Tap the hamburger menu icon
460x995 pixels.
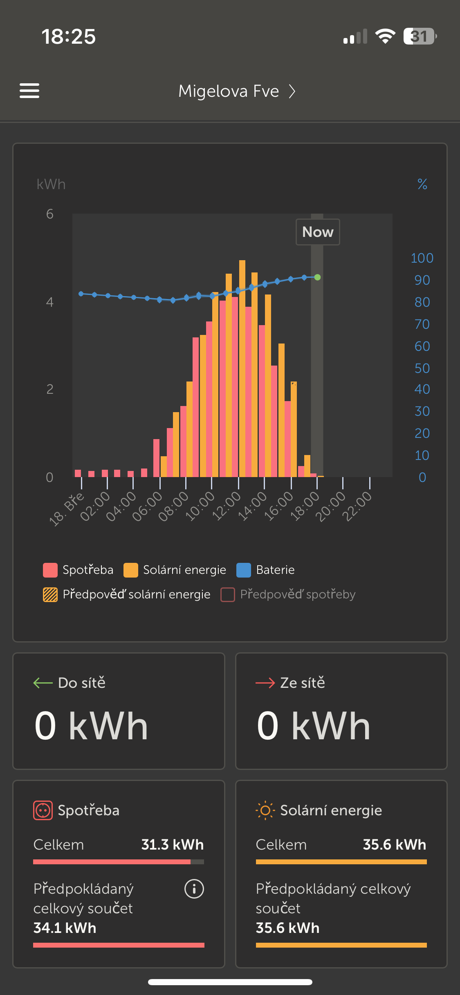tap(29, 91)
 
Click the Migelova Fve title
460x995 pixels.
tap(229, 91)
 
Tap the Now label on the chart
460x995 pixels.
tap(318, 232)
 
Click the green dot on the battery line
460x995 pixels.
tap(317, 277)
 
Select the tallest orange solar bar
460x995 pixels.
tap(242, 368)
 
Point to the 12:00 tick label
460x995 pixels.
tap(226, 506)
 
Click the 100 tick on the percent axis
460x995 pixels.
tap(422, 258)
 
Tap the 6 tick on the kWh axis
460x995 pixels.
tap(49, 214)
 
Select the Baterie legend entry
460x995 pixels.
tap(266, 570)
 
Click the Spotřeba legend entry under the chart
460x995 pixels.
tap(78, 570)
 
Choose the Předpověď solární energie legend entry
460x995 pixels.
tap(127, 594)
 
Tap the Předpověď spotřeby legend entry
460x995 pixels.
tap(288, 594)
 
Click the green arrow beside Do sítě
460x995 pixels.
tap(43, 683)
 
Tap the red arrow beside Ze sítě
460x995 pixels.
tap(265, 683)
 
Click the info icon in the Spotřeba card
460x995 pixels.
tap(194, 889)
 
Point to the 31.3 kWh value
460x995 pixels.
tap(172, 845)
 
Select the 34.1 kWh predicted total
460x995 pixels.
tap(65, 928)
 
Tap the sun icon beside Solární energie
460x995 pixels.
tap(265, 810)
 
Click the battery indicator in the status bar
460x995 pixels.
tap(420, 36)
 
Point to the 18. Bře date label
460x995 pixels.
tap(67, 509)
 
